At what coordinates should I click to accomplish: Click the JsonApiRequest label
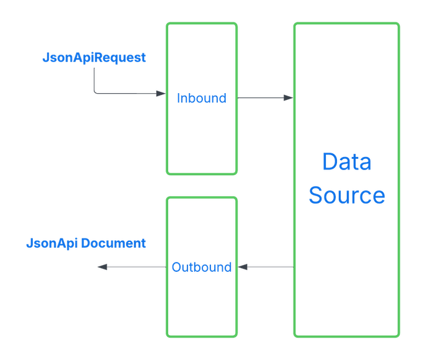(94, 58)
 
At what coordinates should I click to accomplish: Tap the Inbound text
(202, 98)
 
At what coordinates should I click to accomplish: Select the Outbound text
(202, 268)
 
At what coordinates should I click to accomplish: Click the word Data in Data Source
(346, 162)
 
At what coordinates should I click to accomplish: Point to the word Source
(346, 195)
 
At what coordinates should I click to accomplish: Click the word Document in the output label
(114, 243)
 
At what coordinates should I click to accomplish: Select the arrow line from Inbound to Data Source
(261, 97)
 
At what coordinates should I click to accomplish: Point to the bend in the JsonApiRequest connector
(94, 92)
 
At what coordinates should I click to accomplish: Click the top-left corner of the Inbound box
(168, 25)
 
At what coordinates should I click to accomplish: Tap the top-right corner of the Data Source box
(398, 25)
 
